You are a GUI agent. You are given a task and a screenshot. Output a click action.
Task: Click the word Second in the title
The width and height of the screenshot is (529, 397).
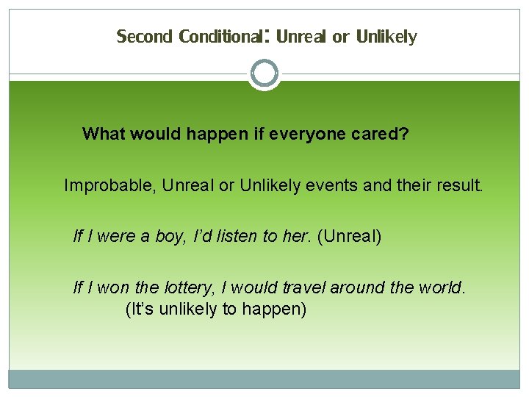[x=144, y=36]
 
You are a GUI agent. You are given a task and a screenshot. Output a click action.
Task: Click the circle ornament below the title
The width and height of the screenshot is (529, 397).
[x=264, y=74]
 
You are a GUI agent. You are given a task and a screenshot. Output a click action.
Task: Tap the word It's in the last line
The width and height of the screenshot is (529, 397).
[x=140, y=309]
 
